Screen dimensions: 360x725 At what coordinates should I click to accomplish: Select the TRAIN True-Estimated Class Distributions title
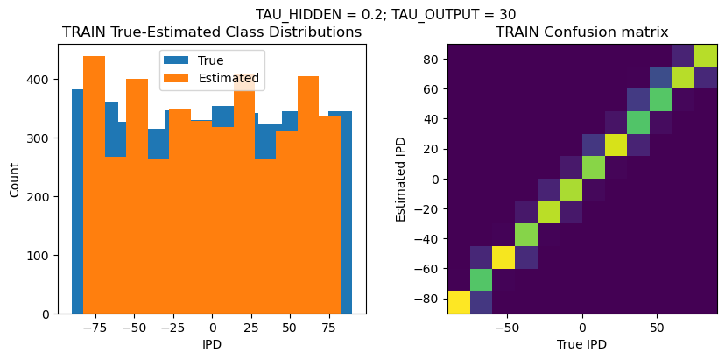point(212,32)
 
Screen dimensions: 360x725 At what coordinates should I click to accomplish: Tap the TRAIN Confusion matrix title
point(582,32)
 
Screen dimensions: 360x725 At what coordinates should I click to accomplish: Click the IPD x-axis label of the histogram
point(212,344)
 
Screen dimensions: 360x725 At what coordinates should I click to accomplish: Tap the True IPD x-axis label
point(582,344)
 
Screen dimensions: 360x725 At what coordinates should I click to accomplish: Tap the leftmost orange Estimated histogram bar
point(94,184)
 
